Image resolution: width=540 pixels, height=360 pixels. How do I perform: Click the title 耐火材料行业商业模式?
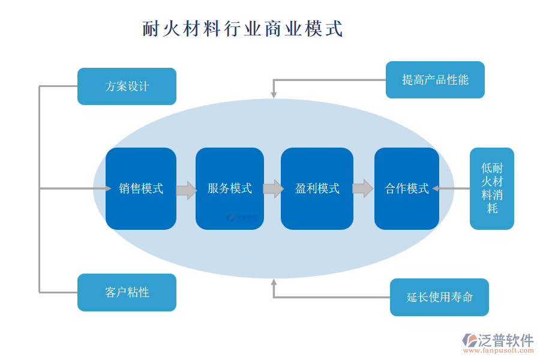(243, 29)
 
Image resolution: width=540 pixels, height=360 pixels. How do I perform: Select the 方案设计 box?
(127, 86)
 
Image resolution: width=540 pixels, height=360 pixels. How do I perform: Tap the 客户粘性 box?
(127, 292)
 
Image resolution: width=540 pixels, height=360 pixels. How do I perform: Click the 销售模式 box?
(141, 188)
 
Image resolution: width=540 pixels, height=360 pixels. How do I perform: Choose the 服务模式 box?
(230, 188)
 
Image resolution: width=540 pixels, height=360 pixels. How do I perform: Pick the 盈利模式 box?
(317, 188)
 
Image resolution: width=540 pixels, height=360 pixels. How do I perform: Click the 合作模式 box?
(407, 188)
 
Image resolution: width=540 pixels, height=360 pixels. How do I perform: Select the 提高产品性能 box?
(435, 80)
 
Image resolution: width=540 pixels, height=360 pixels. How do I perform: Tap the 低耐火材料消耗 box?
(492, 188)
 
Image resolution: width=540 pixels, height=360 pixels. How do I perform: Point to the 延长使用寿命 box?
(439, 297)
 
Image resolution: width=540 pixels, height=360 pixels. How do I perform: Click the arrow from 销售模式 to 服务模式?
(186, 190)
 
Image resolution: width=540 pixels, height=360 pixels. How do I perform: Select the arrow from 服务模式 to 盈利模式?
(273, 188)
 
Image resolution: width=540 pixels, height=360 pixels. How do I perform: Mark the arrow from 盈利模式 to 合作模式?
(362, 188)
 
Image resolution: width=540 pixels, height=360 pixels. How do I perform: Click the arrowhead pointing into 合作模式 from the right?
(436, 188)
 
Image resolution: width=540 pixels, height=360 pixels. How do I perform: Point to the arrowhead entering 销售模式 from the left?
(108, 188)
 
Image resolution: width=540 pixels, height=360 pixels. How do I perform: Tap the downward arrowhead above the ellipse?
(274, 94)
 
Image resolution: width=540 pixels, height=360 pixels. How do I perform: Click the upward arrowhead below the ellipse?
(274, 281)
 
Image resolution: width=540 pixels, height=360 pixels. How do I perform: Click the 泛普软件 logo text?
(505, 340)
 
